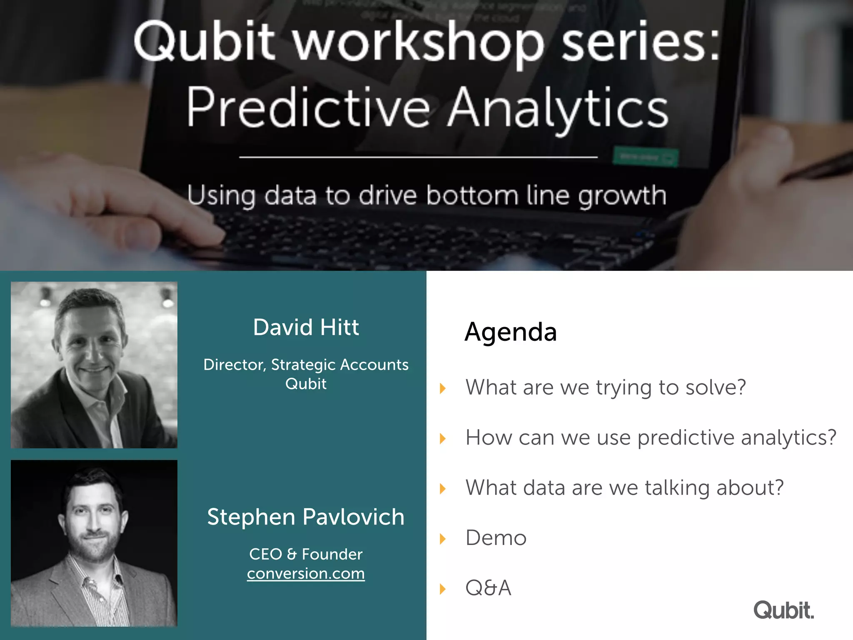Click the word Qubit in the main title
(x=204, y=42)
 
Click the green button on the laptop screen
(x=645, y=157)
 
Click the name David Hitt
(x=306, y=327)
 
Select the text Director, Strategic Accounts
(x=306, y=365)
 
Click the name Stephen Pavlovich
(x=306, y=517)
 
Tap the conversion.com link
(x=306, y=574)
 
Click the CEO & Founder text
(x=306, y=554)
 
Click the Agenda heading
(x=511, y=332)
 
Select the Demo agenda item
(x=496, y=538)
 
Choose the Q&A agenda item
(x=488, y=588)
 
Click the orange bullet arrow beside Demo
(x=443, y=539)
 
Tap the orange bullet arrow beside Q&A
(x=443, y=589)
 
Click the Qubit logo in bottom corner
(x=783, y=610)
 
